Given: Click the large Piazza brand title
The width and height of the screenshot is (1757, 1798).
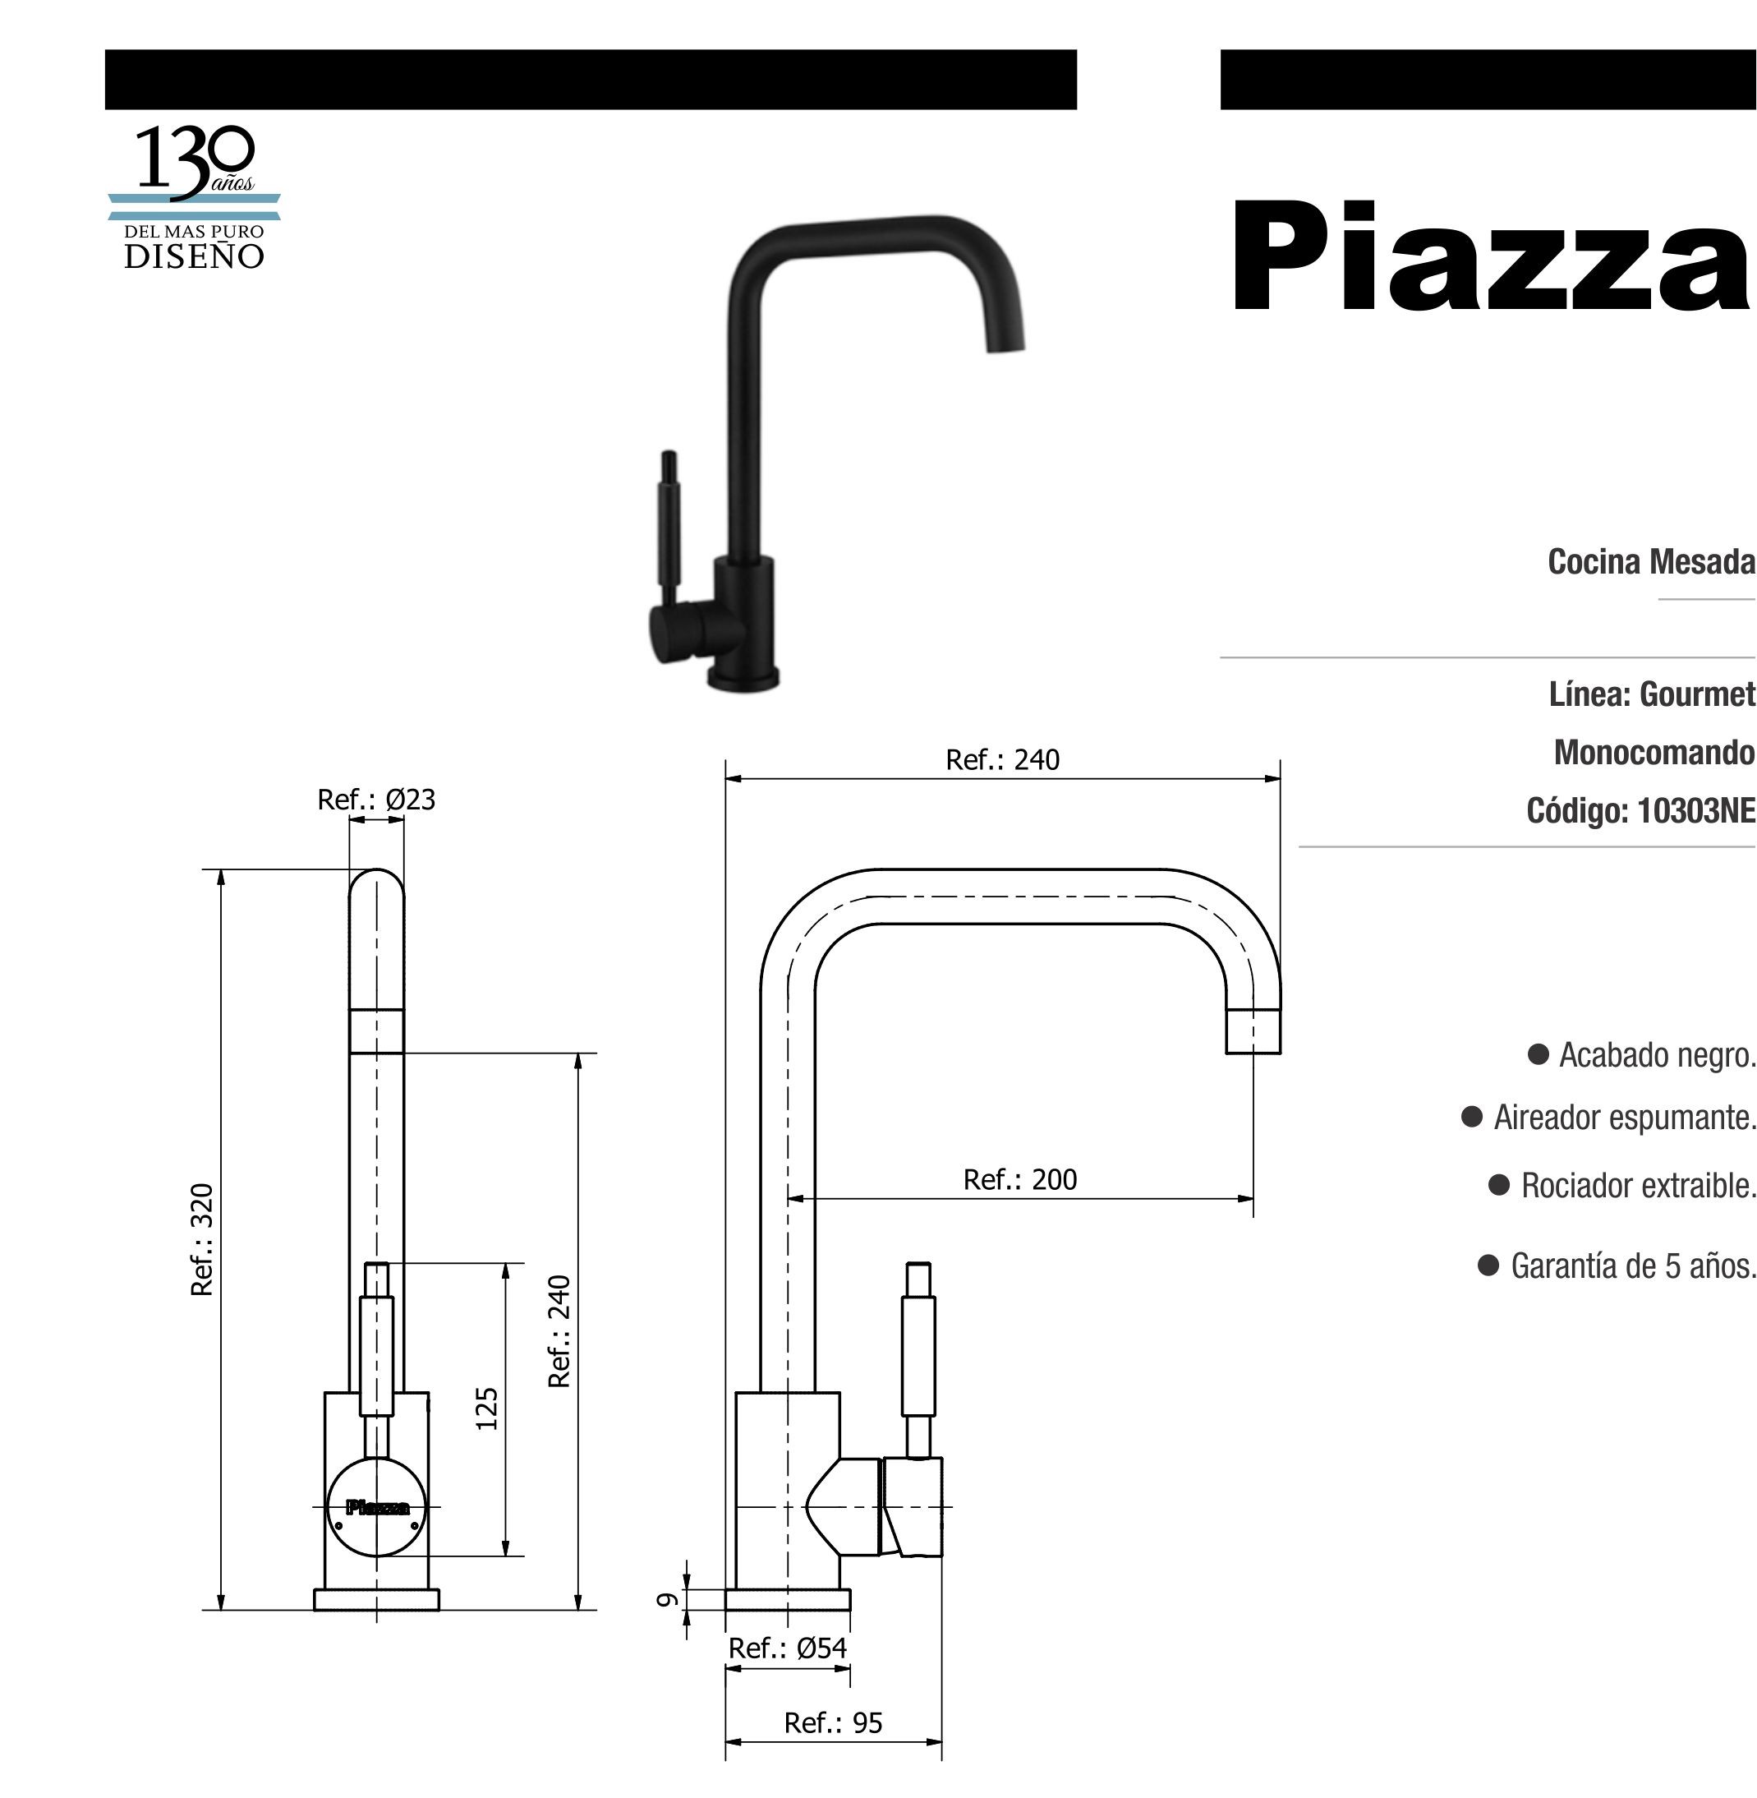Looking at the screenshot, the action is click(x=1491, y=256).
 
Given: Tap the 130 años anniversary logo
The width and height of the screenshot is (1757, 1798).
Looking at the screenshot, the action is click(x=194, y=197).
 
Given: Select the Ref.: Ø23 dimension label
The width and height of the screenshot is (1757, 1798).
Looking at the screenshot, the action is click(x=375, y=800).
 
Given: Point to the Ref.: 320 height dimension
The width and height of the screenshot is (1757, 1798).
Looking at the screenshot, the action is click(x=202, y=1239).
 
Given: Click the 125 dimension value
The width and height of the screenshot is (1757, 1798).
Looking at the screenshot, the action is click(x=486, y=1408).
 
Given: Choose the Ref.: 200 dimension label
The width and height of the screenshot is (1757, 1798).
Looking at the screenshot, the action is click(x=1019, y=1179).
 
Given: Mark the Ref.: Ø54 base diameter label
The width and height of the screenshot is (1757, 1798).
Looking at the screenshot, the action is click(x=787, y=1648).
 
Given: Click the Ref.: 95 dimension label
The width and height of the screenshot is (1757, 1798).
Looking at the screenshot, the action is click(x=833, y=1722).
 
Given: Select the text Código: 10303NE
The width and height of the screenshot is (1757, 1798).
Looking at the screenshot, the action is click(x=1640, y=810).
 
